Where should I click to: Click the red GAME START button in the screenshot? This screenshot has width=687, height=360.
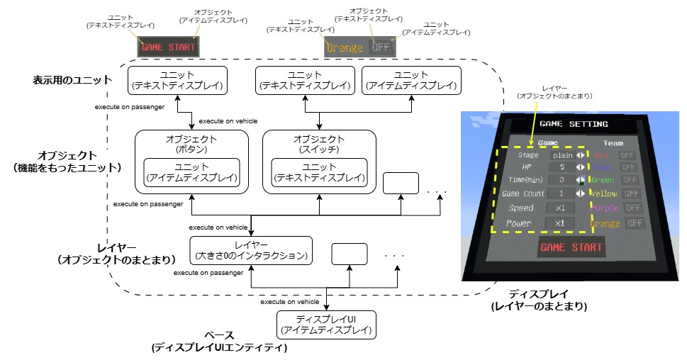click(571, 248)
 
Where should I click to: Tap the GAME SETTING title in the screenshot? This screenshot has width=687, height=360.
click(574, 124)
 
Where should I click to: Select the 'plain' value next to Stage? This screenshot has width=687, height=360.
click(563, 155)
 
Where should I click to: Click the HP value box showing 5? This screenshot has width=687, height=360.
click(562, 167)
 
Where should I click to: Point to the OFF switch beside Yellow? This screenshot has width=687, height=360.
click(628, 193)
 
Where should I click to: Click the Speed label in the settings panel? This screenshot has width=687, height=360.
click(521, 208)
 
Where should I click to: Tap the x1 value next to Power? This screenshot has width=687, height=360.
click(559, 223)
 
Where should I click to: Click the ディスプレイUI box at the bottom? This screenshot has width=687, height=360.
click(326, 324)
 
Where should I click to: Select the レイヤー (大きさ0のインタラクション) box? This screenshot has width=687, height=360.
click(252, 250)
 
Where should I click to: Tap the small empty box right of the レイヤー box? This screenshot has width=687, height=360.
click(349, 254)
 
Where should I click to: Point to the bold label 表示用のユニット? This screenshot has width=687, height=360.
click(72, 80)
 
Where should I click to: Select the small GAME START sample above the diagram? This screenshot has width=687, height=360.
click(169, 47)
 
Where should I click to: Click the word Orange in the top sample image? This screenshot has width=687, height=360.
click(345, 47)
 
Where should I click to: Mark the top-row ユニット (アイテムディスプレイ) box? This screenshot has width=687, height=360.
click(411, 81)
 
